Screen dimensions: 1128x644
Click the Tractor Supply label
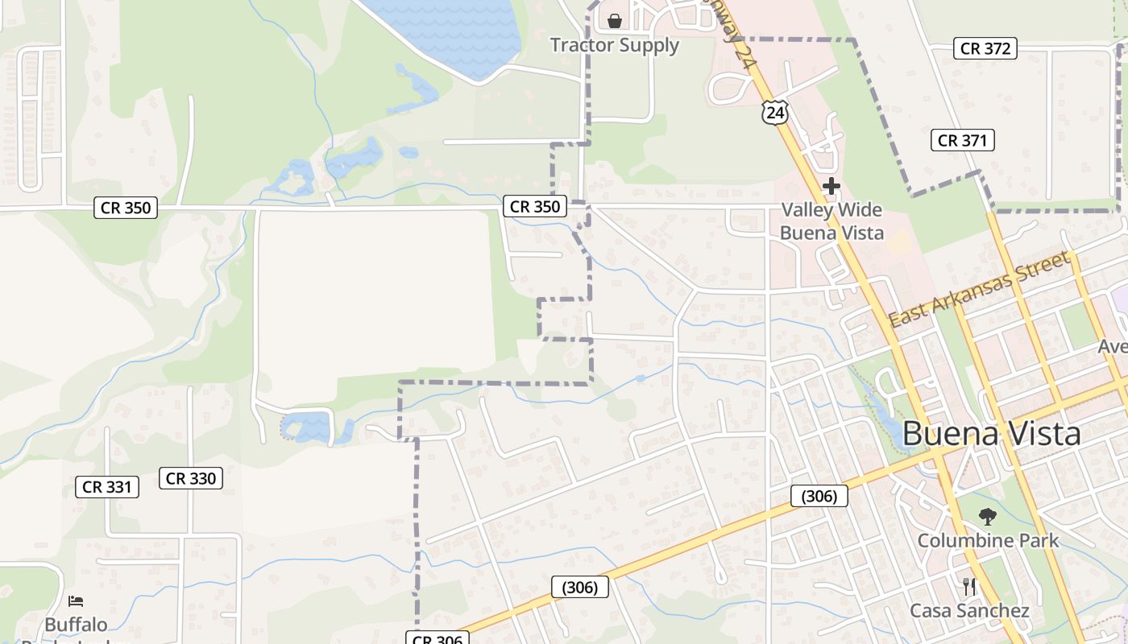pyautogui.click(x=614, y=45)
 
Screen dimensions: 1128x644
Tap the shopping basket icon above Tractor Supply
pyautogui.click(x=615, y=21)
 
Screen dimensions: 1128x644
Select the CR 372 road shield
pyautogui.click(x=985, y=48)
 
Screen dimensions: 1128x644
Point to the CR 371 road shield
pyautogui.click(x=962, y=140)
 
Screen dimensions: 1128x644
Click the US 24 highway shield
pyautogui.click(x=774, y=112)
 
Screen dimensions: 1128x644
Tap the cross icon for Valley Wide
pyautogui.click(x=831, y=187)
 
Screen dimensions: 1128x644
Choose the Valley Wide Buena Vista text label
pyautogui.click(x=831, y=221)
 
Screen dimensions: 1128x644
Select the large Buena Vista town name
pyautogui.click(x=991, y=434)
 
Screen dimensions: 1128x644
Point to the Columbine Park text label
pyautogui.click(x=988, y=540)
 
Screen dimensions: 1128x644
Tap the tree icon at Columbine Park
pyautogui.click(x=988, y=517)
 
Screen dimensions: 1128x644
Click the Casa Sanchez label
pyautogui.click(x=969, y=611)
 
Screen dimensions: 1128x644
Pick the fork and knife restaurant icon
pyautogui.click(x=969, y=586)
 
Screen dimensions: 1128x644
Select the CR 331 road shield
pyautogui.click(x=107, y=486)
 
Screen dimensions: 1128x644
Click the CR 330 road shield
pyautogui.click(x=190, y=478)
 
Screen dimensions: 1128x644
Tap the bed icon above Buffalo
pyautogui.click(x=76, y=601)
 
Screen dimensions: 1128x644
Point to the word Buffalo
pyautogui.click(x=76, y=625)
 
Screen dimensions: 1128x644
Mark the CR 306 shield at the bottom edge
pyautogui.click(x=438, y=638)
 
